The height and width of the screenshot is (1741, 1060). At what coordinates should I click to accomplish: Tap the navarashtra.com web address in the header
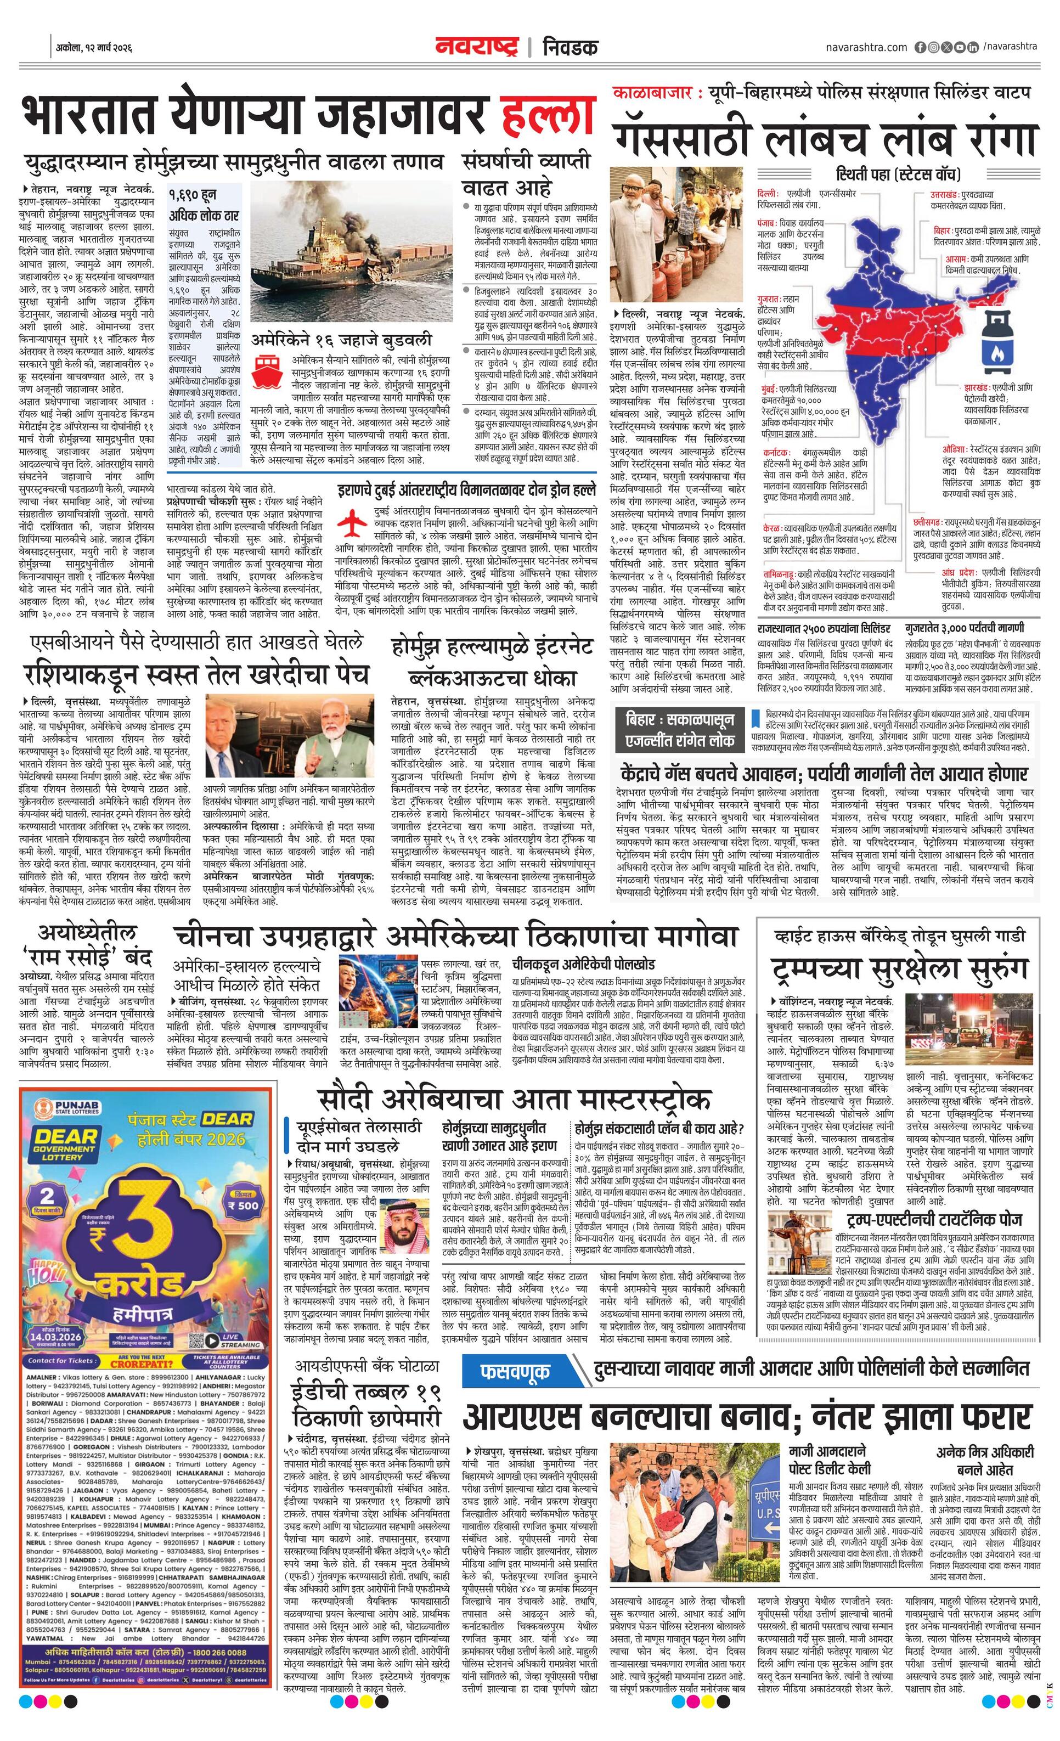pyautogui.click(x=866, y=47)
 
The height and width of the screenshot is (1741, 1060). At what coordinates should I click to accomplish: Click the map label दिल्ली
pyautogui.click(x=766, y=193)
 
